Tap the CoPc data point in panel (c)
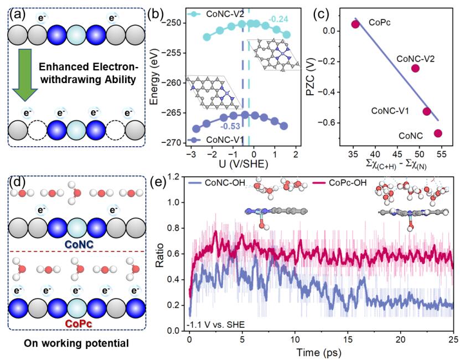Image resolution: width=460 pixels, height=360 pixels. point(355,24)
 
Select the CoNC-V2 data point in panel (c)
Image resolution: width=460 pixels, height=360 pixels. point(415,68)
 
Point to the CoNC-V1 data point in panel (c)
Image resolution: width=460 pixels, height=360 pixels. point(427,111)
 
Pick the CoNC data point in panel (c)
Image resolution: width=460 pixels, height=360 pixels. point(438,133)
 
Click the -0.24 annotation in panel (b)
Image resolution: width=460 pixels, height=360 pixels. point(278,19)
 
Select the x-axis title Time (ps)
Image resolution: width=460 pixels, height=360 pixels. point(322,351)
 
